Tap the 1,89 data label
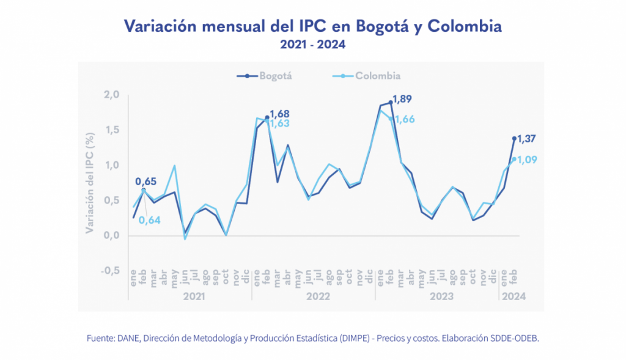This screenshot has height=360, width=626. (x=403, y=98)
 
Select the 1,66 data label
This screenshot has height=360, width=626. (x=405, y=119)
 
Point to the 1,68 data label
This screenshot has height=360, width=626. (x=279, y=114)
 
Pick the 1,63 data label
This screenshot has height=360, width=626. (x=279, y=123)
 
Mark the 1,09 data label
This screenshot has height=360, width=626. (x=528, y=160)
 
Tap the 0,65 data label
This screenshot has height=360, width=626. (x=145, y=182)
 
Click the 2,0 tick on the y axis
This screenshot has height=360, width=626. (x=112, y=95)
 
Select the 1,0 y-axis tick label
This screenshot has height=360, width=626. (x=112, y=165)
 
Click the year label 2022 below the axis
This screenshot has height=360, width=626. (x=319, y=296)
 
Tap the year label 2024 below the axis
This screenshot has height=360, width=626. (x=513, y=296)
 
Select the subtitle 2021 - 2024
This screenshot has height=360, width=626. (x=312, y=45)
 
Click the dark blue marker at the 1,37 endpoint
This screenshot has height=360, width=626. (x=514, y=138)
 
